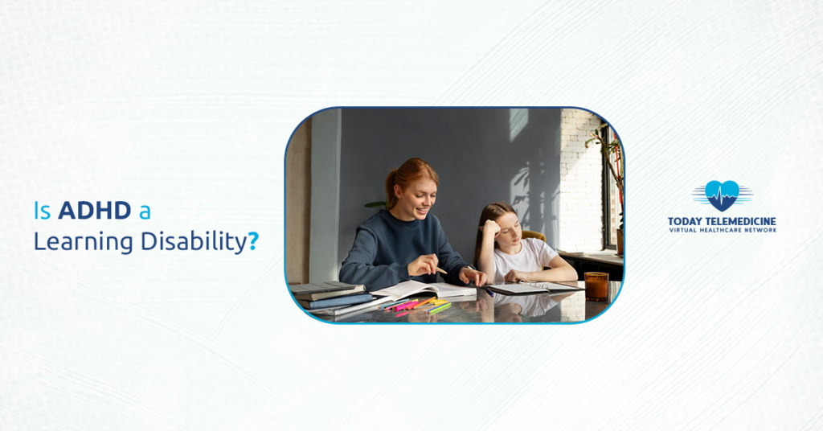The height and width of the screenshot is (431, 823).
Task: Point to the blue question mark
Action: tap(253, 241)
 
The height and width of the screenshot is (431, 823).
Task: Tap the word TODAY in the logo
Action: tap(686, 221)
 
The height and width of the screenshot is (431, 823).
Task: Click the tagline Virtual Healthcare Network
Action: tap(722, 231)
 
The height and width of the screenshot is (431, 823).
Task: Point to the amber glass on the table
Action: tap(596, 285)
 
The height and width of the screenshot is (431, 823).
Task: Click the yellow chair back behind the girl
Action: tap(534, 236)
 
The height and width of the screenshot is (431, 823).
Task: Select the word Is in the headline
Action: tap(42, 211)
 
